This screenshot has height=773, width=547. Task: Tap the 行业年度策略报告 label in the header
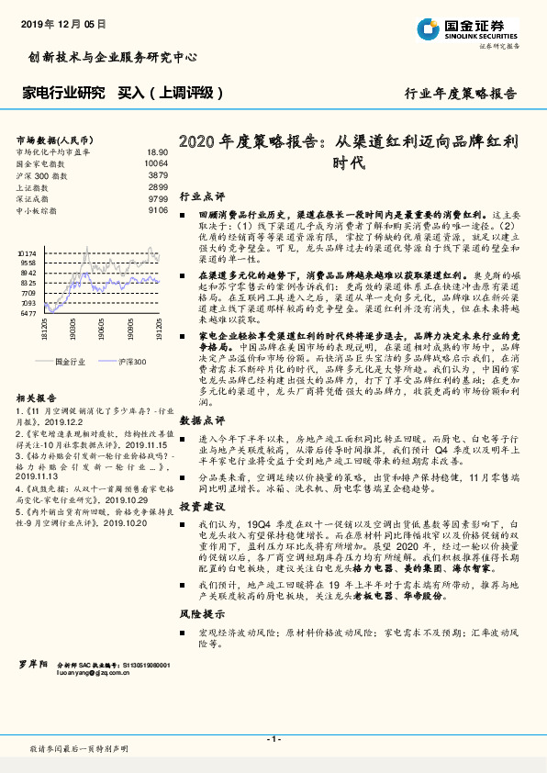click(461, 94)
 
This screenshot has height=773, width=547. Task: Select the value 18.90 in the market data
click(157, 151)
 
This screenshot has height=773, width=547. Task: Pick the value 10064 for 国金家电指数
click(156, 162)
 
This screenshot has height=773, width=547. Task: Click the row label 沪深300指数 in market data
click(40, 174)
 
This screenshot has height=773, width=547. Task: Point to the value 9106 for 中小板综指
click(158, 210)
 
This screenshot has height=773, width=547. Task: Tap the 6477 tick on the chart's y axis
click(28, 313)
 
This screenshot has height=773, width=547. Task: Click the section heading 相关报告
click(36, 398)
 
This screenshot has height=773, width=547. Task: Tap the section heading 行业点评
click(201, 196)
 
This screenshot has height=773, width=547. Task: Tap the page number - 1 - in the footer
click(273, 739)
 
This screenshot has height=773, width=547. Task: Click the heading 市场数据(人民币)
click(50, 140)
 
